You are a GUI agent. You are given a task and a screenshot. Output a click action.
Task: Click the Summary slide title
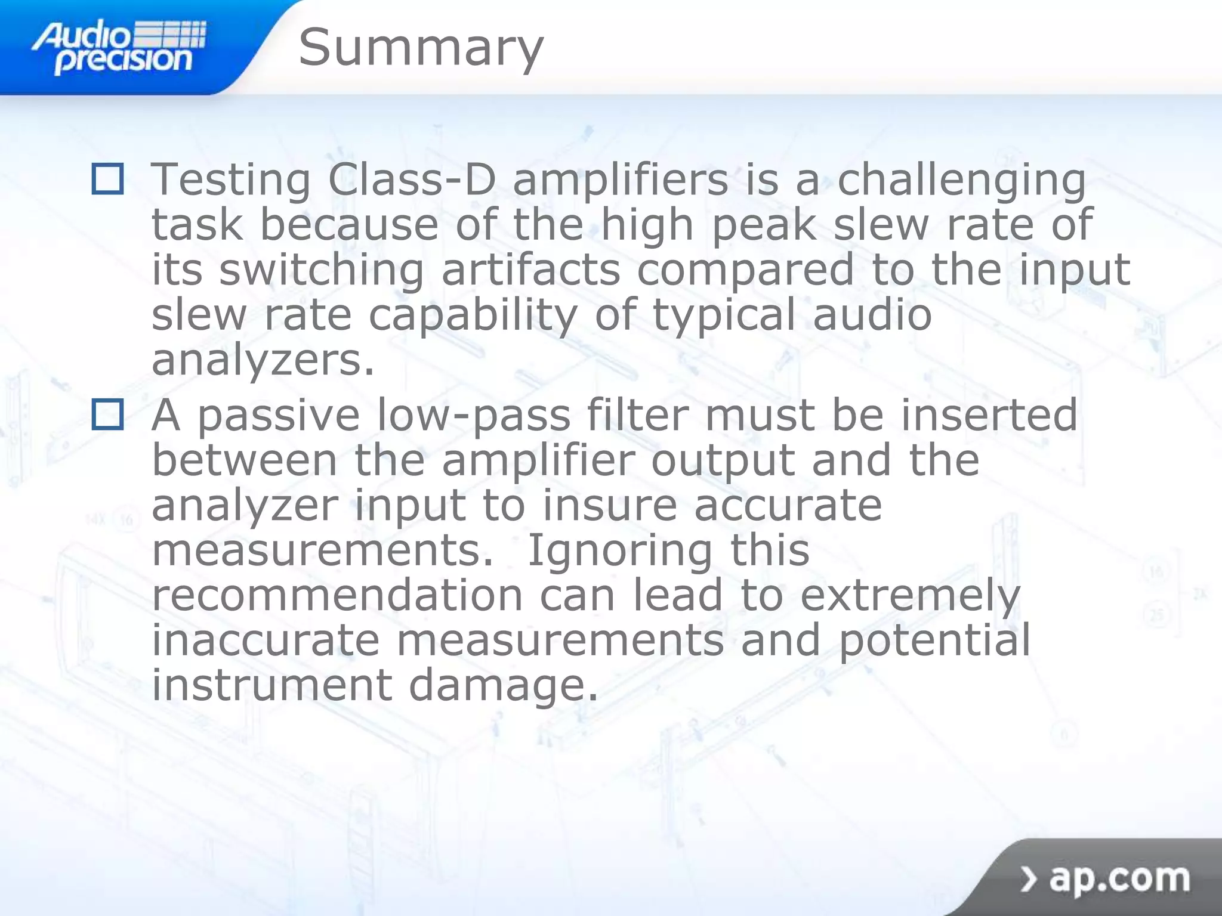421,48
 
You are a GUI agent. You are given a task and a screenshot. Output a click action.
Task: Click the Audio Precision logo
119,48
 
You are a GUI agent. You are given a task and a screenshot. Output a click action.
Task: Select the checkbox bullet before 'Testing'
108,179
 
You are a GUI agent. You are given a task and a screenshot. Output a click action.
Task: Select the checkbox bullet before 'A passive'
108,414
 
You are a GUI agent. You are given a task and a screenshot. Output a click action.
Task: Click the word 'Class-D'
412,180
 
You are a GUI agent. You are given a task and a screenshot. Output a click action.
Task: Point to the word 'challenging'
961,181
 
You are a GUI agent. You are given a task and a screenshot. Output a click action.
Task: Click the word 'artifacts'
531,270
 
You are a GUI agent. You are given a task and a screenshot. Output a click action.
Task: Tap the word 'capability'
473,316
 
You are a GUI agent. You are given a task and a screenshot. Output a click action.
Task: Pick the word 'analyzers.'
263,361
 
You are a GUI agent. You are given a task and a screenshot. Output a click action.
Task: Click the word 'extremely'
910,596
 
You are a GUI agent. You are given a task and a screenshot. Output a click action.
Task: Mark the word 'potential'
934,641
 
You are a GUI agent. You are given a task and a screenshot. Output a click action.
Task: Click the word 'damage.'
503,686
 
